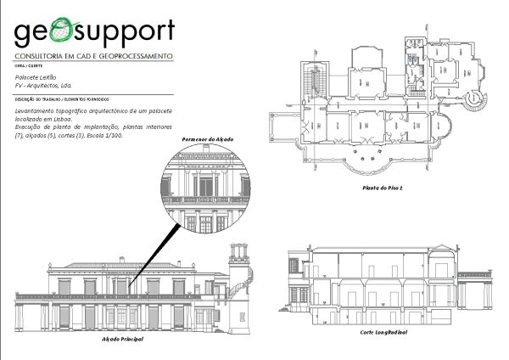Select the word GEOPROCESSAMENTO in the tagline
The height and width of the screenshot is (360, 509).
(136, 55)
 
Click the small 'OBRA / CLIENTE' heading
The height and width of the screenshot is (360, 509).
(27, 65)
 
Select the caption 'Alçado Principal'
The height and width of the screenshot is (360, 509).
(122, 339)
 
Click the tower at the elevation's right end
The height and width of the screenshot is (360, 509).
(239, 272)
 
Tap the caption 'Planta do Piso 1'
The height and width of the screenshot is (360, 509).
(382, 188)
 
